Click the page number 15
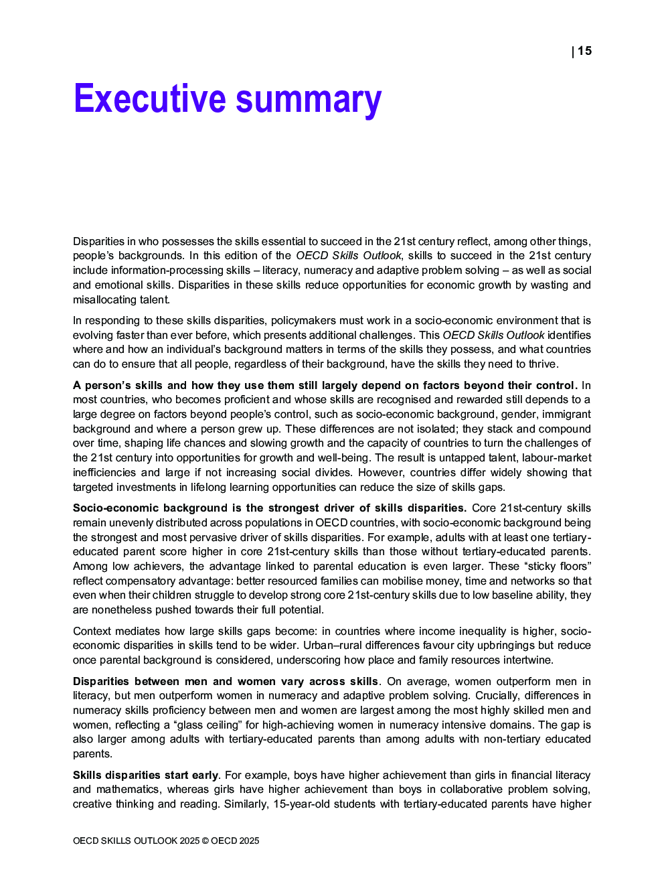coord(584,51)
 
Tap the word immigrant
coord(566,415)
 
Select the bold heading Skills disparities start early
coord(145,776)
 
